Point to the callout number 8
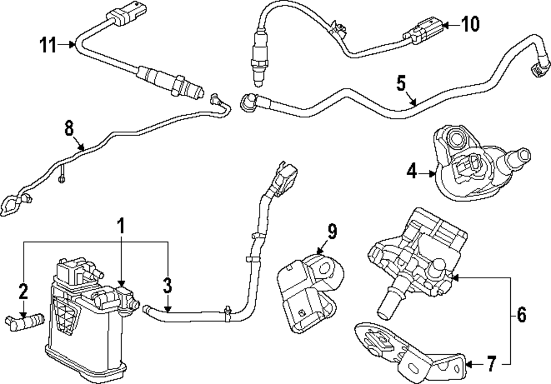[x=69, y=128]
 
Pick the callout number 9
[x=331, y=231]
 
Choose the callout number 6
[x=522, y=315]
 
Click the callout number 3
[x=168, y=285]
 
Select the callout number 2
[x=23, y=291]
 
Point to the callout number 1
[x=121, y=225]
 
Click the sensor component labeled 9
[x=311, y=292]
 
